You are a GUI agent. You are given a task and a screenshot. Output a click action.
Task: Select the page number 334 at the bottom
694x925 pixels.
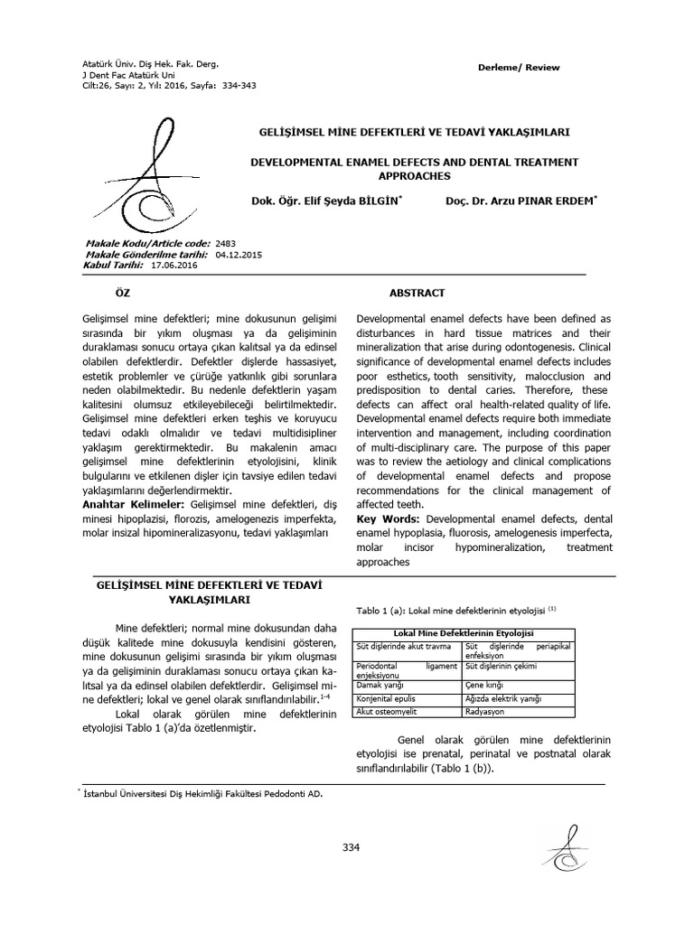point(351,846)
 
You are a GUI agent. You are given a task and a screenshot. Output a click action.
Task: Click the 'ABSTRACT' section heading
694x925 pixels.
point(417,294)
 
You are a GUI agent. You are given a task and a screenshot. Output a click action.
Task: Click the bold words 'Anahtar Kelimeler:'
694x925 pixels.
point(128,503)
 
